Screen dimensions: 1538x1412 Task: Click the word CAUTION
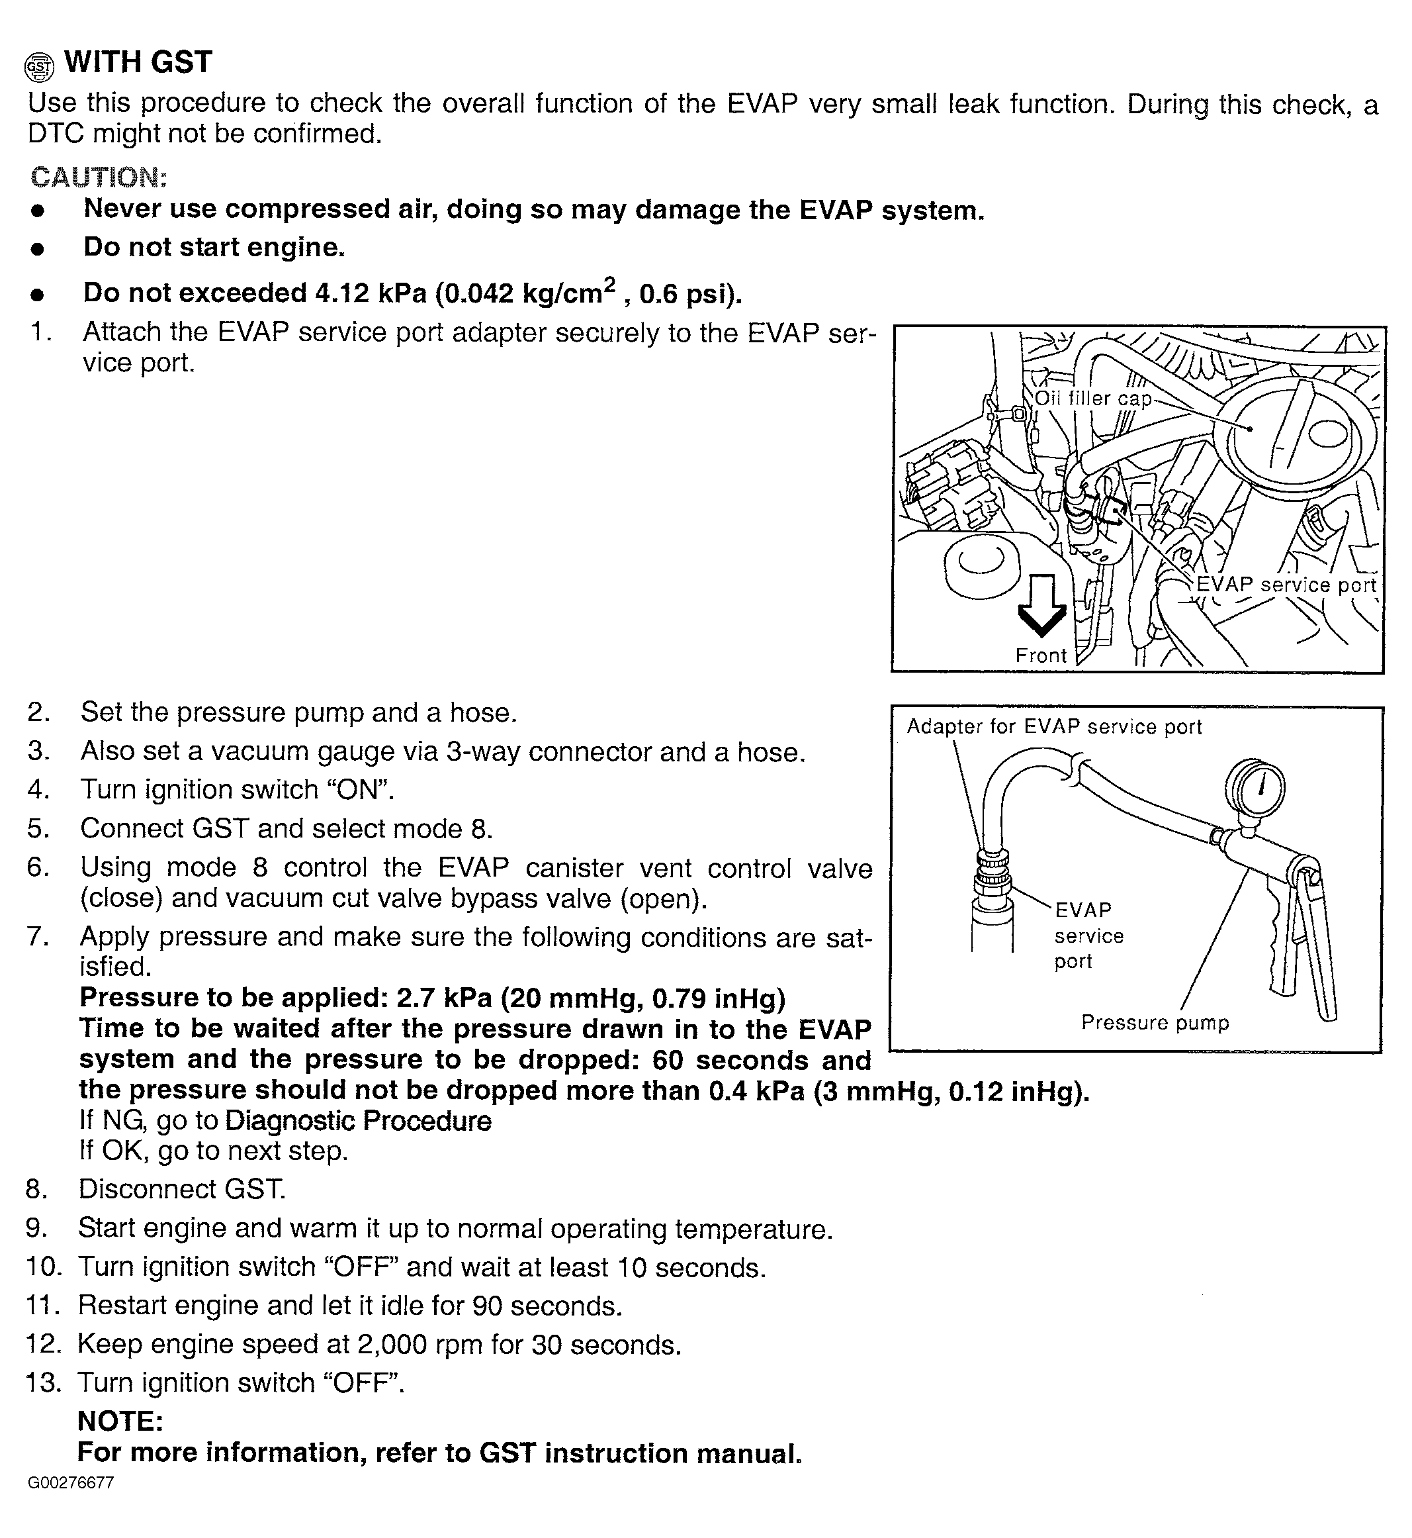98,177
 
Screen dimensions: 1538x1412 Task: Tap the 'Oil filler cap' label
1092,399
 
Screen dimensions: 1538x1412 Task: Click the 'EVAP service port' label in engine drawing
1286,585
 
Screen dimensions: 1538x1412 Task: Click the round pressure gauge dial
1255,787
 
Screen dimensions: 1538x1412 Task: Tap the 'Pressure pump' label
1155,1023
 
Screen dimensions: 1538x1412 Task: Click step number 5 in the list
38,829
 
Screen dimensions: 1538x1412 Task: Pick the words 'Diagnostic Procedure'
359,1122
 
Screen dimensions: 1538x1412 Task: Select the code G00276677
70,1483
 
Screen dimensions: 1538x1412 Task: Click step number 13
43,1383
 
